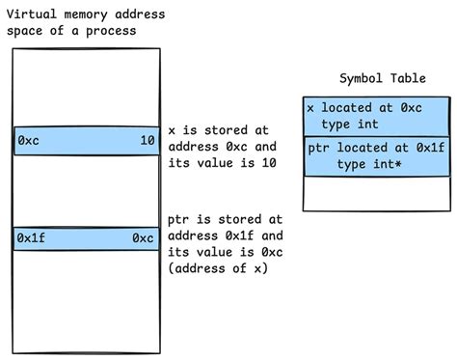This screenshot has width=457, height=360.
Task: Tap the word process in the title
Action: click(110, 31)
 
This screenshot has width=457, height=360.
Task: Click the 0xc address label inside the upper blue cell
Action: click(29, 141)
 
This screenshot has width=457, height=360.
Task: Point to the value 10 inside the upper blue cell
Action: click(147, 141)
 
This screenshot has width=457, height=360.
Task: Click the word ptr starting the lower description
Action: click(179, 219)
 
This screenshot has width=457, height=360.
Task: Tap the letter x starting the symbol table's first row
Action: click(310, 108)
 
